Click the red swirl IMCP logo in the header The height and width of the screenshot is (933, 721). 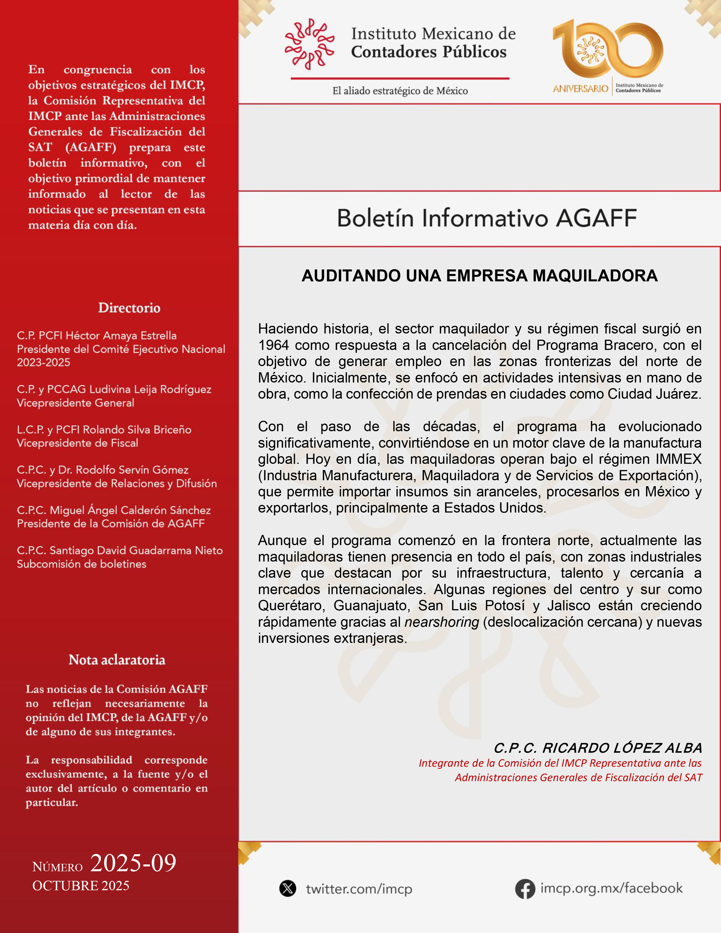click(x=309, y=44)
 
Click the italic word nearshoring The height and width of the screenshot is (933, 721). click(x=441, y=622)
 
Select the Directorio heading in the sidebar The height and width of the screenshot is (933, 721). click(x=129, y=308)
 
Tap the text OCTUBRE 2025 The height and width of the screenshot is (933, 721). click(x=81, y=886)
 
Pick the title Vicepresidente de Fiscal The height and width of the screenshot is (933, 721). click(x=77, y=443)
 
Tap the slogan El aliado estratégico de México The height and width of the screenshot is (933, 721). click(x=400, y=91)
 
